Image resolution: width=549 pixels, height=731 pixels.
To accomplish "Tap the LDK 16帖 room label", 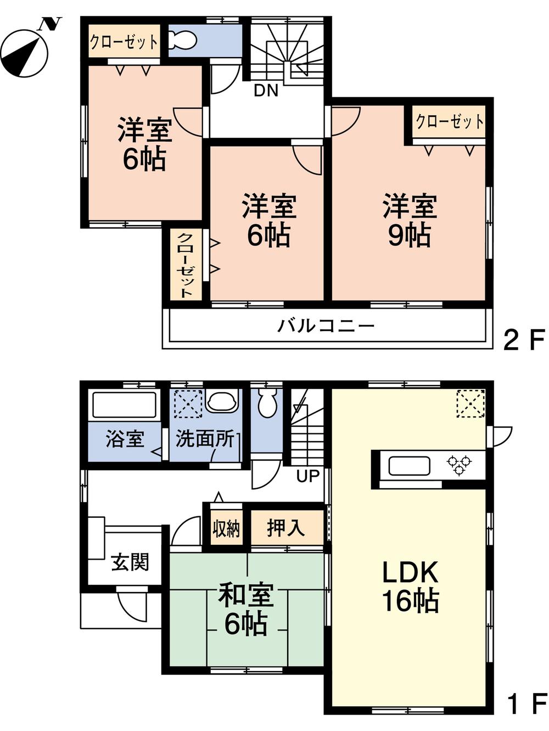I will [410, 587].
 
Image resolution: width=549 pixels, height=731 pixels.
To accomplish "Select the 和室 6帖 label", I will [245, 610].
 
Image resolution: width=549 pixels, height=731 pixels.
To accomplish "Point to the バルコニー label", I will [326, 326].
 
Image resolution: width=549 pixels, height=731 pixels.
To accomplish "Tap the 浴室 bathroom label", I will [125, 439].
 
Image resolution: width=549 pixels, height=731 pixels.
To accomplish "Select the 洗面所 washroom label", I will [205, 439].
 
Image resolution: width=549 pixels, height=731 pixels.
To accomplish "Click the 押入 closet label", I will [286, 528].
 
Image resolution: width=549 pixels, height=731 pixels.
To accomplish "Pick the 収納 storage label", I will [226, 528].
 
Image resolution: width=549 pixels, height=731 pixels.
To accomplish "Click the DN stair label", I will [266, 91].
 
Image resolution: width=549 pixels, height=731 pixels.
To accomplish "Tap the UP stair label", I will [307, 476].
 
